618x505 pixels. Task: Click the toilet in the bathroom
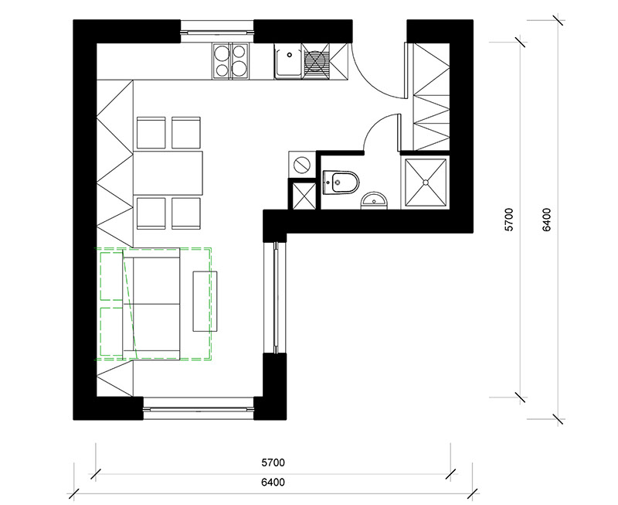(x=341, y=183)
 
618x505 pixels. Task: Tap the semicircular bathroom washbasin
(x=375, y=200)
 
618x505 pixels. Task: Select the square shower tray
(x=426, y=183)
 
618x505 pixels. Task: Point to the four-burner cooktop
(x=231, y=61)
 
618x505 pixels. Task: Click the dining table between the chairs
(x=168, y=173)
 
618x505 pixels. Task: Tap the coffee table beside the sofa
(x=205, y=302)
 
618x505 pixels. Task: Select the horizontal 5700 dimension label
(x=273, y=462)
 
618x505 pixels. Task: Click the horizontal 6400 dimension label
(x=273, y=482)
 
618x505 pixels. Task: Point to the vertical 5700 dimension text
(x=510, y=220)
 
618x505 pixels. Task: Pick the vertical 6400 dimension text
(x=547, y=220)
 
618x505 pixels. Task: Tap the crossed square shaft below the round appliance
(x=303, y=194)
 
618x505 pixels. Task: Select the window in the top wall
(x=217, y=31)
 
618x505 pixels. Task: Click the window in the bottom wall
(x=199, y=408)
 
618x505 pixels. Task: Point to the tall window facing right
(x=276, y=298)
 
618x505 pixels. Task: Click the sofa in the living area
(x=151, y=304)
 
